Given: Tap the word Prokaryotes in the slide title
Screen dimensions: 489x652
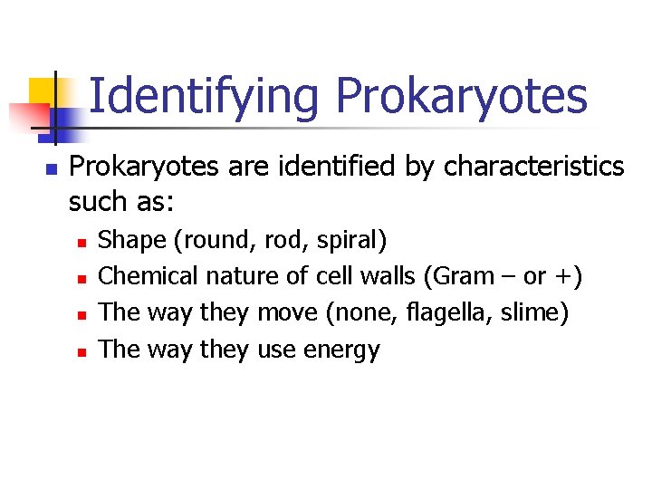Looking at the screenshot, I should coord(461,97).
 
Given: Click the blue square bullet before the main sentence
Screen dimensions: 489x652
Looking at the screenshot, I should coord(51,169).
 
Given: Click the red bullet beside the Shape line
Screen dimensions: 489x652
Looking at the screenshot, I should coord(81,243).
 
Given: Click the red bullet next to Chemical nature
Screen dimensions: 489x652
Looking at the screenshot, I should coord(81,279).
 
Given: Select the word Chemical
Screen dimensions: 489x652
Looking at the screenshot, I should coord(149,276).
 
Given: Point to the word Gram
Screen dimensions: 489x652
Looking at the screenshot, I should coord(463,276).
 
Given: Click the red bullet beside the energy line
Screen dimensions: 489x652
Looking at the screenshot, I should coord(81,351).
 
